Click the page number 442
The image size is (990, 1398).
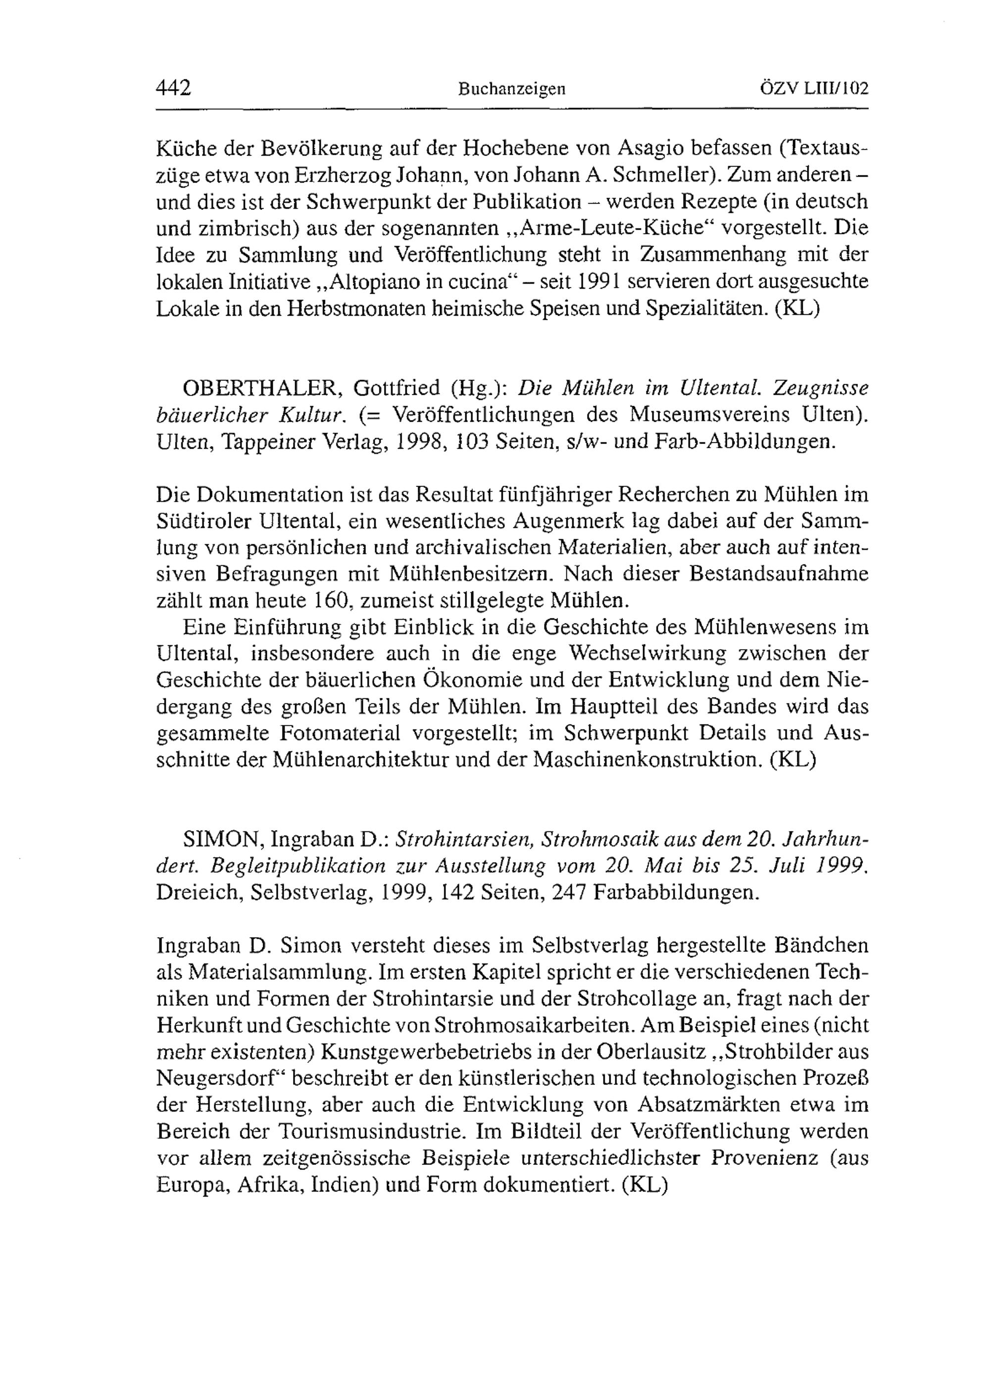tap(174, 89)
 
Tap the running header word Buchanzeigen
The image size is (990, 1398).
tap(512, 90)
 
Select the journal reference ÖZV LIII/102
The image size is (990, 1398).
tap(814, 89)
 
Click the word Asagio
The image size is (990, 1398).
tap(656, 148)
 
